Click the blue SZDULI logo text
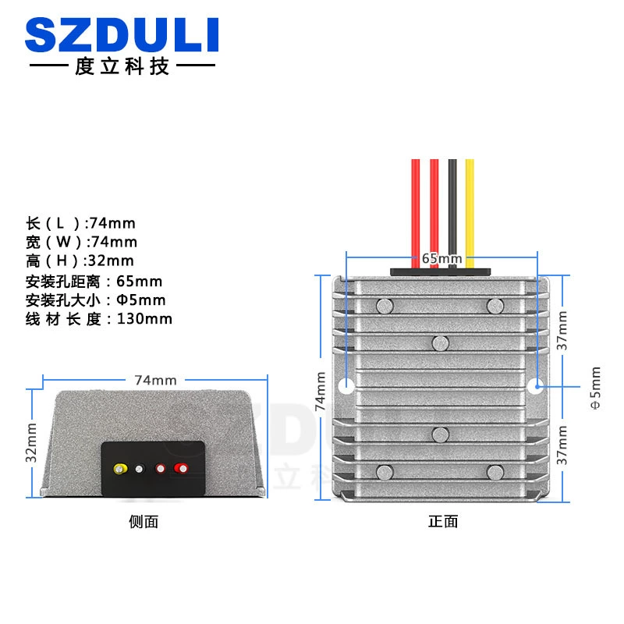pos(122,34)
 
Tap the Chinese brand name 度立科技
pos(122,66)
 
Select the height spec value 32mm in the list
pos(111,261)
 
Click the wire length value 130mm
pos(144,319)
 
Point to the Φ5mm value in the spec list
pos(141,300)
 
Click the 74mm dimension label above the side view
pos(155,381)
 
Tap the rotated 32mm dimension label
pos(31,442)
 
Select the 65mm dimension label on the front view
pos(441,259)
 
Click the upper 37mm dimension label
pos(562,331)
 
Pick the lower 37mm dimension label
pos(562,445)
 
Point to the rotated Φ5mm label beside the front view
pos(595,388)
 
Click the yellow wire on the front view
pos(470,213)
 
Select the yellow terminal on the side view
pos(121,469)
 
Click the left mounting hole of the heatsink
pos(346,386)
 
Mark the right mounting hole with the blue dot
pos(535,386)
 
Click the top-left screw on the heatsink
pos(385,306)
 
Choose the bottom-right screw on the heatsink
pos(495,473)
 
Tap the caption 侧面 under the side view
pos(144,522)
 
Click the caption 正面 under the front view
pos(443,522)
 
